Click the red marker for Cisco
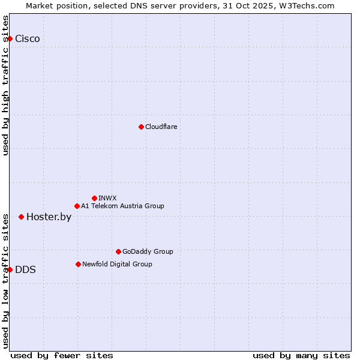pos(10,39)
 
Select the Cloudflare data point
pos(141,127)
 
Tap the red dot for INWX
pos(94,198)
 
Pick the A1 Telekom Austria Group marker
pos(77,206)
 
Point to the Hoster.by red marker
pos(21,217)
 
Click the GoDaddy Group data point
pos(118,251)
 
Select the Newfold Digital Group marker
pos(78,264)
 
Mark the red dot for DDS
pos(10,269)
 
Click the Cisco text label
pos(28,39)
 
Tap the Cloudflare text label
pos(161,127)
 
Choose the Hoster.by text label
pos(49,217)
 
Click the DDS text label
pos(25,269)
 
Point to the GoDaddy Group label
pos(148,251)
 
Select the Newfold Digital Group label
pos(117,264)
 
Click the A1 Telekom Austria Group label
pos(122,206)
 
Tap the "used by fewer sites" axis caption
pos(62,355)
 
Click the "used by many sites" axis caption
pos(301,355)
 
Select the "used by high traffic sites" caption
pos(5,85)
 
